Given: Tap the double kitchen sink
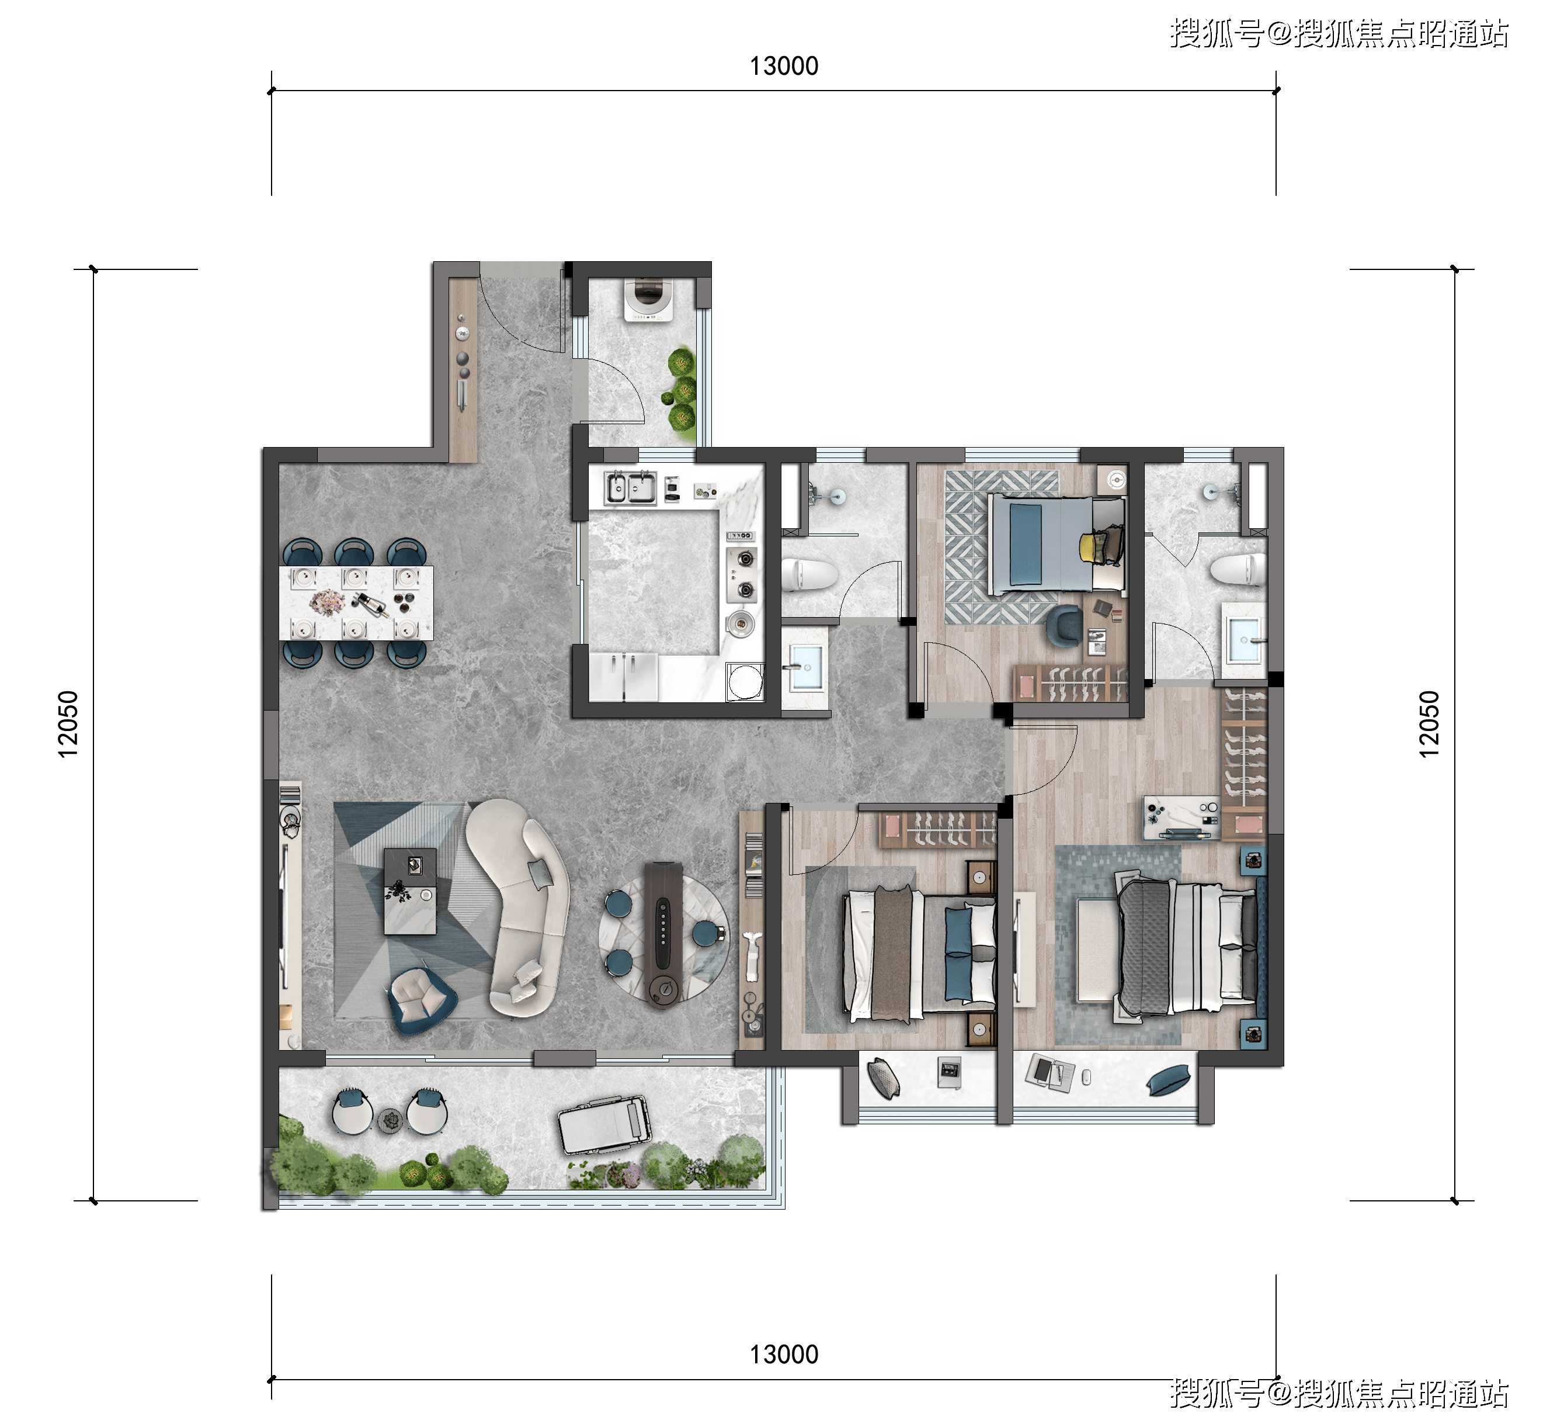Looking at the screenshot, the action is pyautogui.click(x=630, y=487).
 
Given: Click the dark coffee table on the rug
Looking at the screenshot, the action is pyautogui.click(x=411, y=891).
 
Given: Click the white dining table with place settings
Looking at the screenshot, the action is pyautogui.click(x=356, y=603).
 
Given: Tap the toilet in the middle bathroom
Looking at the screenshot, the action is pyautogui.click(x=809, y=575).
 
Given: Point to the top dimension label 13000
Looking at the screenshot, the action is pyautogui.click(x=784, y=67).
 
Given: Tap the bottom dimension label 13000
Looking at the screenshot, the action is pyautogui.click(x=784, y=1355).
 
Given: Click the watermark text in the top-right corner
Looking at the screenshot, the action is pyautogui.click(x=1339, y=34).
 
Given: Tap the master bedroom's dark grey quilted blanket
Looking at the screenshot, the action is pyautogui.click(x=1145, y=947).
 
